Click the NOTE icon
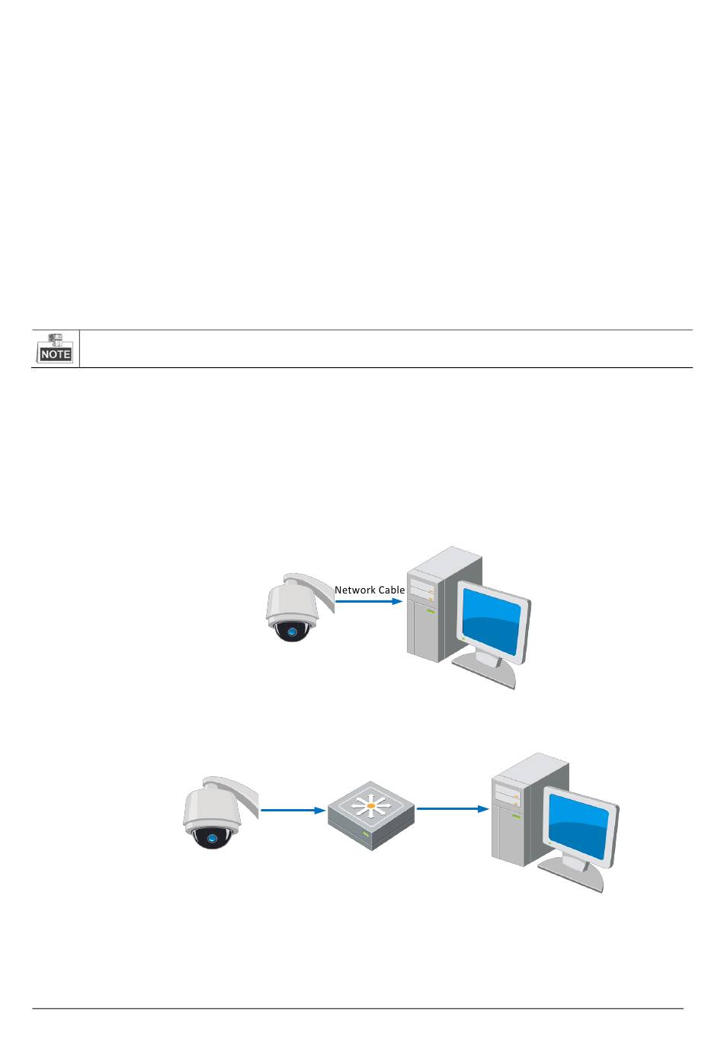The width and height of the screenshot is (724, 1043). [56, 348]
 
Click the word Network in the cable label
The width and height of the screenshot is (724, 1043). [355, 590]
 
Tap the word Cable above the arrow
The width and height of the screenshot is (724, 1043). [391, 590]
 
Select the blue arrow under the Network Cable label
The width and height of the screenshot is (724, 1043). [369, 601]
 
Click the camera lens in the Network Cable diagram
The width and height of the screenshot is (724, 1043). [291, 632]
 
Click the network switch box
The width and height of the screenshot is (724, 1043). [371, 816]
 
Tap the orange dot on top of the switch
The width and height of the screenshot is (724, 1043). [371, 805]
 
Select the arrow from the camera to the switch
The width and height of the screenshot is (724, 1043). [293, 810]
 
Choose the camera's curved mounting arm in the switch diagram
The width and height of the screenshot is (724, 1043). [242, 793]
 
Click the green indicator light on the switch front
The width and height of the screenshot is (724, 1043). [367, 835]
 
